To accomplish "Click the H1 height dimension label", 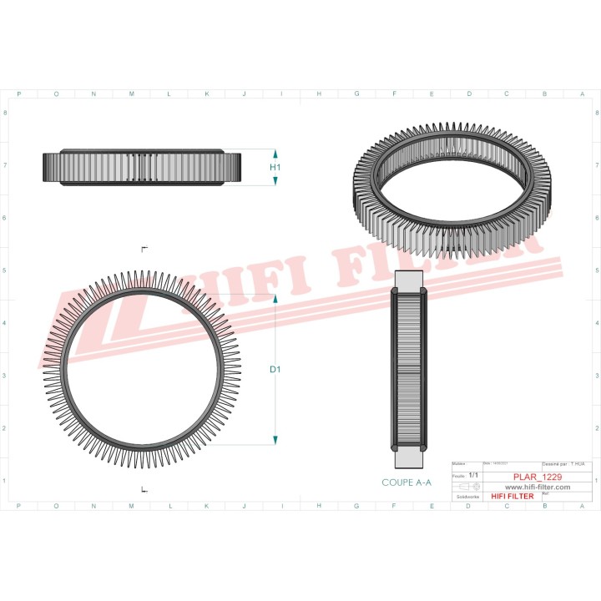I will [275, 168].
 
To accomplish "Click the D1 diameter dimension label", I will [275, 367].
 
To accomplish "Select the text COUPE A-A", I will [407, 482].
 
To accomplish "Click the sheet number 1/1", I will [472, 475].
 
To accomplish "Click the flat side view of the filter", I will [142, 168].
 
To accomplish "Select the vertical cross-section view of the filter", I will [409, 368].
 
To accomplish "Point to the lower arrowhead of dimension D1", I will [275, 440].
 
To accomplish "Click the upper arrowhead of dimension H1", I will [275, 154].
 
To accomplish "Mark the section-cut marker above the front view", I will [144, 249].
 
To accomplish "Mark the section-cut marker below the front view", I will [144, 488].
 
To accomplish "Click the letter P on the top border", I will [19, 94].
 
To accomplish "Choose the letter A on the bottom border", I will [582, 506].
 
